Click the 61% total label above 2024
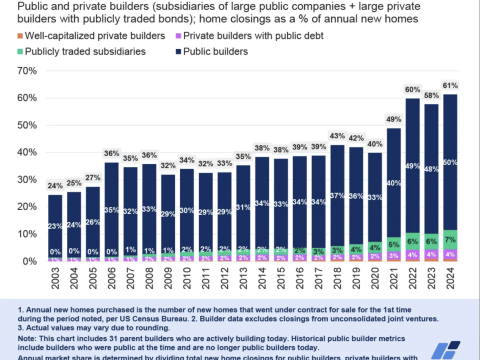tap(450, 86)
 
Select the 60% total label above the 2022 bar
tap(413, 89)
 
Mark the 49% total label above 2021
tap(394, 118)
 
